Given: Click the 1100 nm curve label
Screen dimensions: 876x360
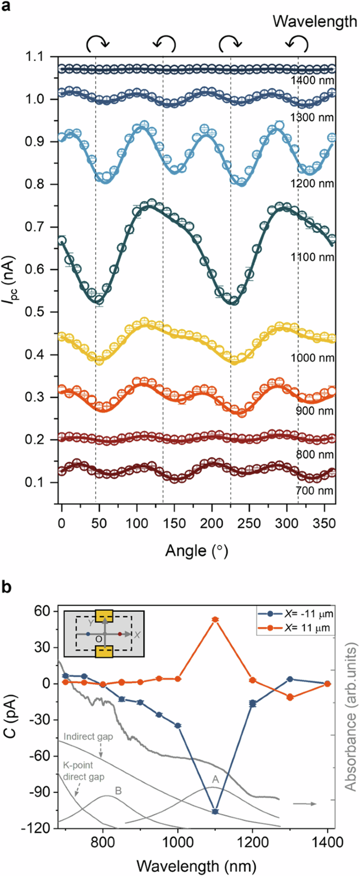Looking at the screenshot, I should click(312, 257).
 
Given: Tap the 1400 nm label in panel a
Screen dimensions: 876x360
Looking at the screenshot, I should click(313, 81).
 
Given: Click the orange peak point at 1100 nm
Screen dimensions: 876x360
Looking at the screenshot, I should click(215, 620).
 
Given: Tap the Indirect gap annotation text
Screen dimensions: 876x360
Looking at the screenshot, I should click(88, 737).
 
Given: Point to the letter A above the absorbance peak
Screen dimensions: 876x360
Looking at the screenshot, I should click(215, 779).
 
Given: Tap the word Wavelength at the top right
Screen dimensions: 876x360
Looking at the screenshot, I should click(315, 22).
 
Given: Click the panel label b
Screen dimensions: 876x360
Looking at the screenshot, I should click(7, 588).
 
